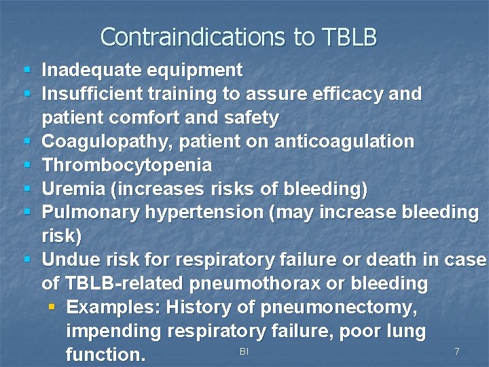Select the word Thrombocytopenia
pyautogui.click(x=127, y=165)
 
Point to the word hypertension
pyautogui.click(x=203, y=212)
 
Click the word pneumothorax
pyautogui.click(x=272, y=283)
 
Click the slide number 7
pyautogui.click(x=457, y=351)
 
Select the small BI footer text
pyautogui.click(x=244, y=351)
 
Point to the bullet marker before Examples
pyautogui.click(x=52, y=307)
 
